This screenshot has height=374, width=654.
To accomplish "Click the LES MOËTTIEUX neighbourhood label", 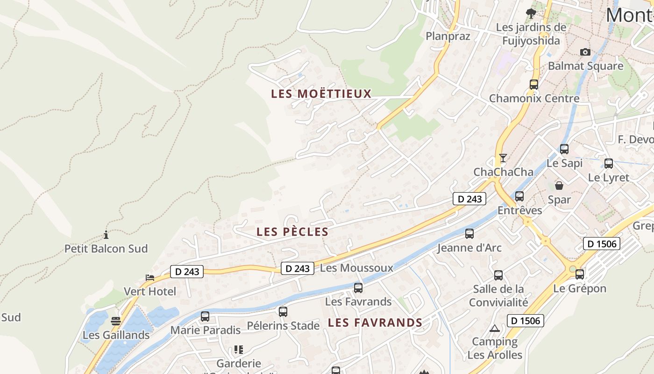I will [x=321, y=93].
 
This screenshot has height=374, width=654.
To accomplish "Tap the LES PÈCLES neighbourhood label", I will [x=292, y=231].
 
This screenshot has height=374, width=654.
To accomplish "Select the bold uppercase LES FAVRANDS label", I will [x=375, y=323].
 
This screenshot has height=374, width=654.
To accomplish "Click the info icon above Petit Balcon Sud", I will [x=106, y=235].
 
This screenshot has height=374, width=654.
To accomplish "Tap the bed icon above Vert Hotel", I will [x=149, y=278].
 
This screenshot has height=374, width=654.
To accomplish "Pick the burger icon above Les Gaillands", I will [x=116, y=321].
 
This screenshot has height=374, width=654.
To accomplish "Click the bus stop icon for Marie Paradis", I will [x=205, y=316].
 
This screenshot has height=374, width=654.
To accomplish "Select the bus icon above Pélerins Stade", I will [x=283, y=312].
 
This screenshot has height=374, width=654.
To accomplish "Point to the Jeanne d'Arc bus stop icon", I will [x=469, y=234].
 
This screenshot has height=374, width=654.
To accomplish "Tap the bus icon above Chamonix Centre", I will [x=534, y=85].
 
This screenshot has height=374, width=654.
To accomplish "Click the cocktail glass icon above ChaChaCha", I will [x=503, y=158].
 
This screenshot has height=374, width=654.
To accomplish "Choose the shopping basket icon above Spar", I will [x=559, y=186].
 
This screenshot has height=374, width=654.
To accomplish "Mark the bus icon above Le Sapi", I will [x=564, y=149].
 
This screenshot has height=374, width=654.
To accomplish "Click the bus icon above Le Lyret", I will [x=609, y=164].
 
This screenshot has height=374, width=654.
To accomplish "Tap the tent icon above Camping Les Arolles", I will [x=495, y=328].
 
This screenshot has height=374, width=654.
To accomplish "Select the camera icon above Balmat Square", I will [x=585, y=52].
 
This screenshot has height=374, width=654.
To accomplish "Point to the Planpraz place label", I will [x=448, y=36].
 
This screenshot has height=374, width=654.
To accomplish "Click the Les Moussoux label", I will [x=356, y=268].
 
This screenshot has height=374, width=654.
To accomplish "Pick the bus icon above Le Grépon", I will [x=580, y=274].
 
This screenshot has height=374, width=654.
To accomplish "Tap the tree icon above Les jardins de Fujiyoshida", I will [x=530, y=13].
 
